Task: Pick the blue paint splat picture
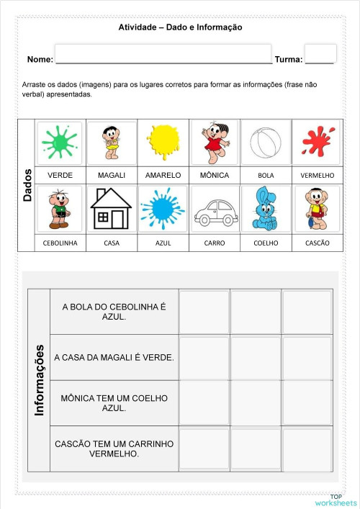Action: click(163, 209)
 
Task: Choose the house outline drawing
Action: click(111, 209)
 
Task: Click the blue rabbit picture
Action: click(266, 209)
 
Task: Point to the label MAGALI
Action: click(112, 175)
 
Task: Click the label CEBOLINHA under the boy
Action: click(60, 243)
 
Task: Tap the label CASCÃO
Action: click(317, 243)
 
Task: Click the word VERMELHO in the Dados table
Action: click(317, 175)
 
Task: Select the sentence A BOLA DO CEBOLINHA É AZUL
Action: click(114, 311)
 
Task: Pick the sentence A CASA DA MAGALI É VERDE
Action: click(114, 357)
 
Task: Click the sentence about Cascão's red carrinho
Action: click(114, 449)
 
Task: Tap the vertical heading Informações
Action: click(40, 380)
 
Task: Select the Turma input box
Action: click(325, 54)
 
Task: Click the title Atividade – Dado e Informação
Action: click(180, 27)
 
